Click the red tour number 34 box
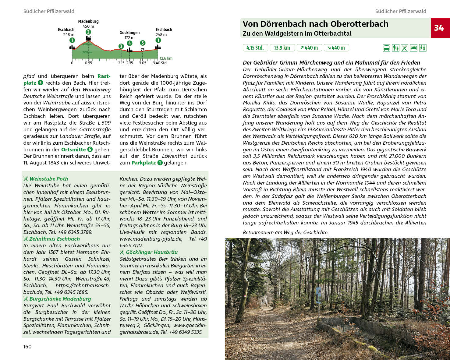tap(440, 28)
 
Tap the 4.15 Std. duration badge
tap(255, 48)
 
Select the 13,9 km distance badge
tap(282, 48)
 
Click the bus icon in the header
tap(386, 48)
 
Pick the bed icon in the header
tap(413, 48)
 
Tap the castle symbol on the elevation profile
tap(88, 38)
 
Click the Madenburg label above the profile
tap(88, 21)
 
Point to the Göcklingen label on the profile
tap(129, 33)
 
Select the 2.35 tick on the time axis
tap(130, 63)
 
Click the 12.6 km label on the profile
tap(166, 58)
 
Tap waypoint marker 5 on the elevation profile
tap(143, 43)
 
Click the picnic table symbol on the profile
tap(143, 50)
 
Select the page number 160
tap(27, 347)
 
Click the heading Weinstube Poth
tap(49, 179)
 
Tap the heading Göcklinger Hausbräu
tap(151, 252)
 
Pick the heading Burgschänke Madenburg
tap(60, 299)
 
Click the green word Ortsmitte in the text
tap(73, 150)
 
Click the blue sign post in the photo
tap(319, 295)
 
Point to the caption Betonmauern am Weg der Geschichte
tap(285, 232)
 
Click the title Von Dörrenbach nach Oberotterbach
tap(315, 24)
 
